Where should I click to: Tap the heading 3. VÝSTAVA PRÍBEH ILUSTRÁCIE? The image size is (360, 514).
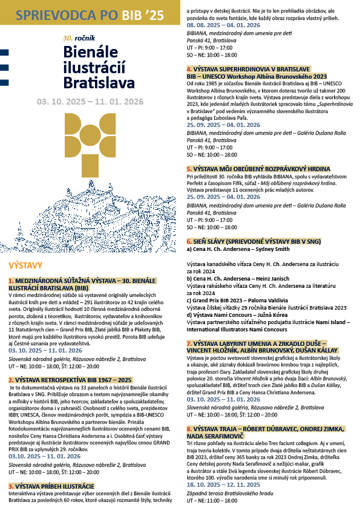tap(51, 486)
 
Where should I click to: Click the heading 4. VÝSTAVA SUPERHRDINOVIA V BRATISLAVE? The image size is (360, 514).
tap(256, 70)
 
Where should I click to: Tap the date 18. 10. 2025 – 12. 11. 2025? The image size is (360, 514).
tap(223, 485)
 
